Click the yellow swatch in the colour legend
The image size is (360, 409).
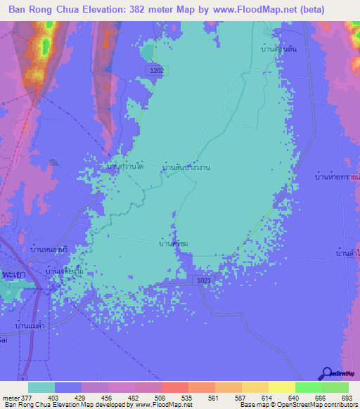pos(281,387)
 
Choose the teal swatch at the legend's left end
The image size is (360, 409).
pos(41,387)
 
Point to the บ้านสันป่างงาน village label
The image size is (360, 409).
pos(186,168)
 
